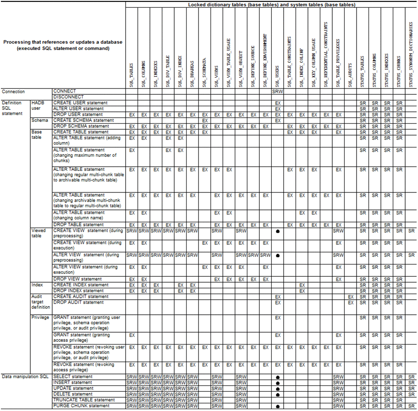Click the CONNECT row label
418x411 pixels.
point(65,91)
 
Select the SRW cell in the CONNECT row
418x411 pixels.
point(277,92)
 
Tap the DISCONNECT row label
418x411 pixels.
point(68,97)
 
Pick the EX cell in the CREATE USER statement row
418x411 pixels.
point(277,103)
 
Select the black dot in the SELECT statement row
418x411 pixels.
point(277,377)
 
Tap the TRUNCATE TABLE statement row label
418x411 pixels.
point(84,400)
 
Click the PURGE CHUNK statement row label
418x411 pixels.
point(82,406)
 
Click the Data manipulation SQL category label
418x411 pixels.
point(25,377)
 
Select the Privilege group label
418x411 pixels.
point(40,317)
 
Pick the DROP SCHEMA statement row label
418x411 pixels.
point(81,126)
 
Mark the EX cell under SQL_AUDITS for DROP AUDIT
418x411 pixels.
point(351,302)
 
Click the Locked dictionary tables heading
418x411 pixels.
point(271,5)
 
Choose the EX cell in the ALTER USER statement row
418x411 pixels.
point(277,109)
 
